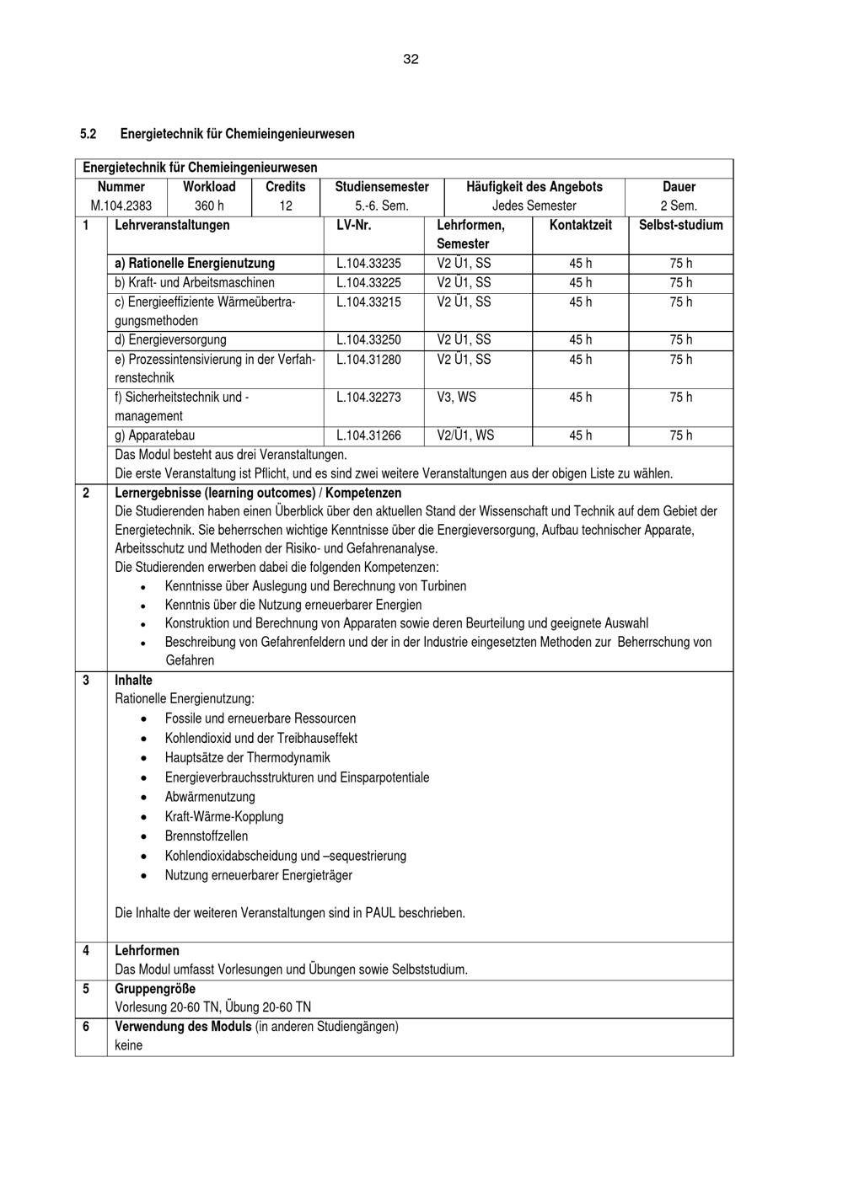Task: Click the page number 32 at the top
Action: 411,59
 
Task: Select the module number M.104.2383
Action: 121,206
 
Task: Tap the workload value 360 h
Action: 209,206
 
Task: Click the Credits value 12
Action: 286,206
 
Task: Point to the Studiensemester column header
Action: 382,187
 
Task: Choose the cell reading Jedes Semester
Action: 534,206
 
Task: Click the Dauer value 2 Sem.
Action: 679,206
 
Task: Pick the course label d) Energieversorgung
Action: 170,340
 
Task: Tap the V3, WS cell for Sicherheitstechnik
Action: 455,398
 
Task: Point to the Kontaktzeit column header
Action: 580,225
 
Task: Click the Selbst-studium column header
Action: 680,225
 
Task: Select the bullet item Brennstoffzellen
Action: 207,836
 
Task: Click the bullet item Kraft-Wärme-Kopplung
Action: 224,817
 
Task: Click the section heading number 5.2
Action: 89,134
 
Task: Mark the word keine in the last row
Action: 129,1045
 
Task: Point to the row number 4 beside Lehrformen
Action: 86,951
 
